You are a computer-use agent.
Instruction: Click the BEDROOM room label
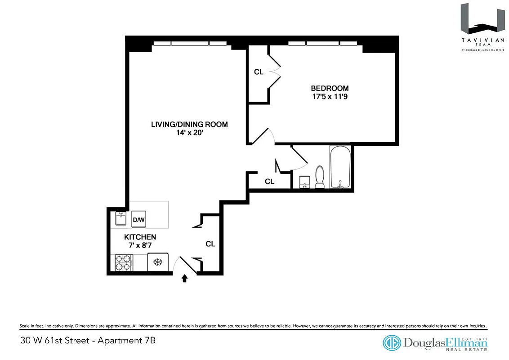click(x=330, y=88)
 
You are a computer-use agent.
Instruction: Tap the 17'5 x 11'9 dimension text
click(x=330, y=96)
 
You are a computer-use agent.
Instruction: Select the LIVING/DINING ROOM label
click(x=189, y=124)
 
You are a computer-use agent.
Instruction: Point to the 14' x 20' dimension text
click(x=189, y=133)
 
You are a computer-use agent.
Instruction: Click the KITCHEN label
click(x=140, y=237)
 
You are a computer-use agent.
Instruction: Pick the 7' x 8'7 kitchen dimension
click(x=140, y=245)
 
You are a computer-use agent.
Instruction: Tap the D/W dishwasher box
click(x=138, y=220)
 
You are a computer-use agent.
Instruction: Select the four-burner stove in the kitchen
click(x=123, y=263)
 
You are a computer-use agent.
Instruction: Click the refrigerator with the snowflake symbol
click(x=157, y=262)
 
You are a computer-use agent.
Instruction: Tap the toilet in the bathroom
click(x=320, y=177)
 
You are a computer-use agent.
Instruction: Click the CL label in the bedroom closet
click(x=259, y=72)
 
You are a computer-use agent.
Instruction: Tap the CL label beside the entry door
click(x=210, y=244)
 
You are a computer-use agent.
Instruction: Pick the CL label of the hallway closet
click(x=269, y=182)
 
